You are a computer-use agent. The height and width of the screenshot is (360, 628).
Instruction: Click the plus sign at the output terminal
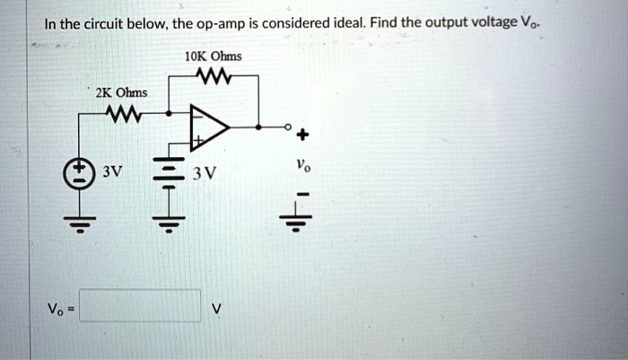pyautogui.click(x=301, y=136)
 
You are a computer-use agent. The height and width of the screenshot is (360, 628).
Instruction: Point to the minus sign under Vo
pyautogui.click(x=301, y=194)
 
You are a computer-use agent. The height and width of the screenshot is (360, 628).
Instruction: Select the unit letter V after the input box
pyautogui.click(x=214, y=307)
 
